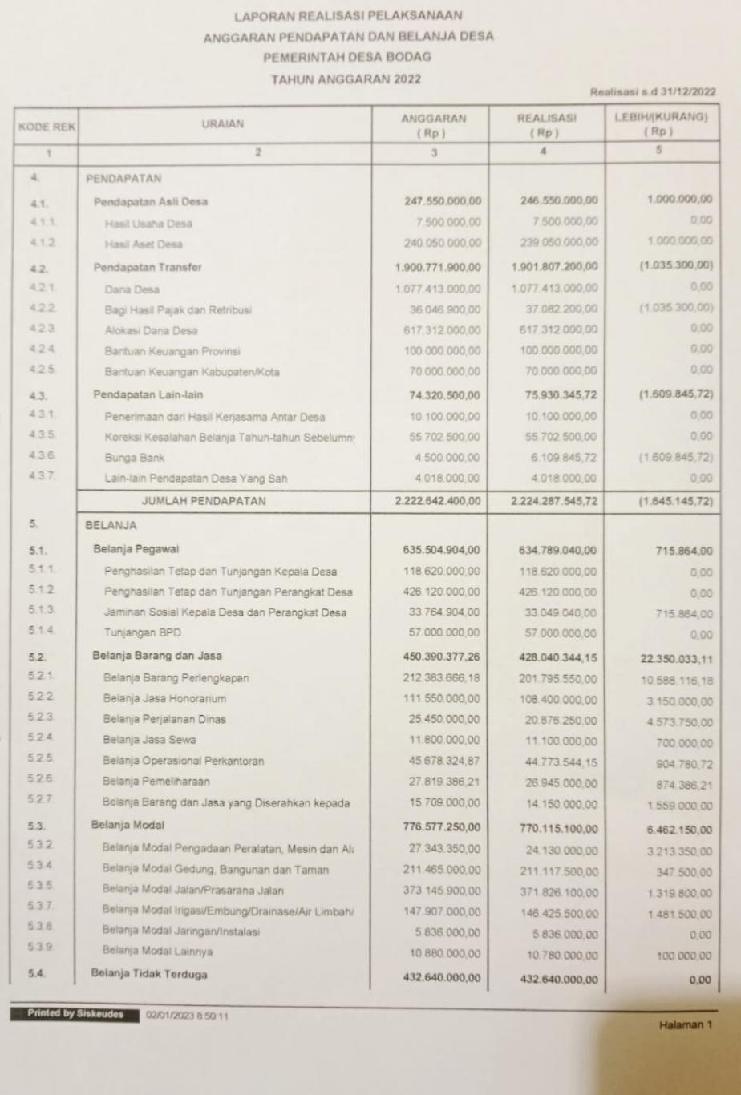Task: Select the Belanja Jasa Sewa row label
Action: [x=149, y=739]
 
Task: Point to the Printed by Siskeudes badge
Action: [x=74, y=1014]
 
